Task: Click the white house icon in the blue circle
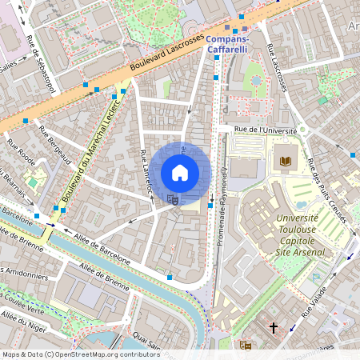[180, 172]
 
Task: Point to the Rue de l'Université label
[266, 129]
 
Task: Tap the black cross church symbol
[274, 328]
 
